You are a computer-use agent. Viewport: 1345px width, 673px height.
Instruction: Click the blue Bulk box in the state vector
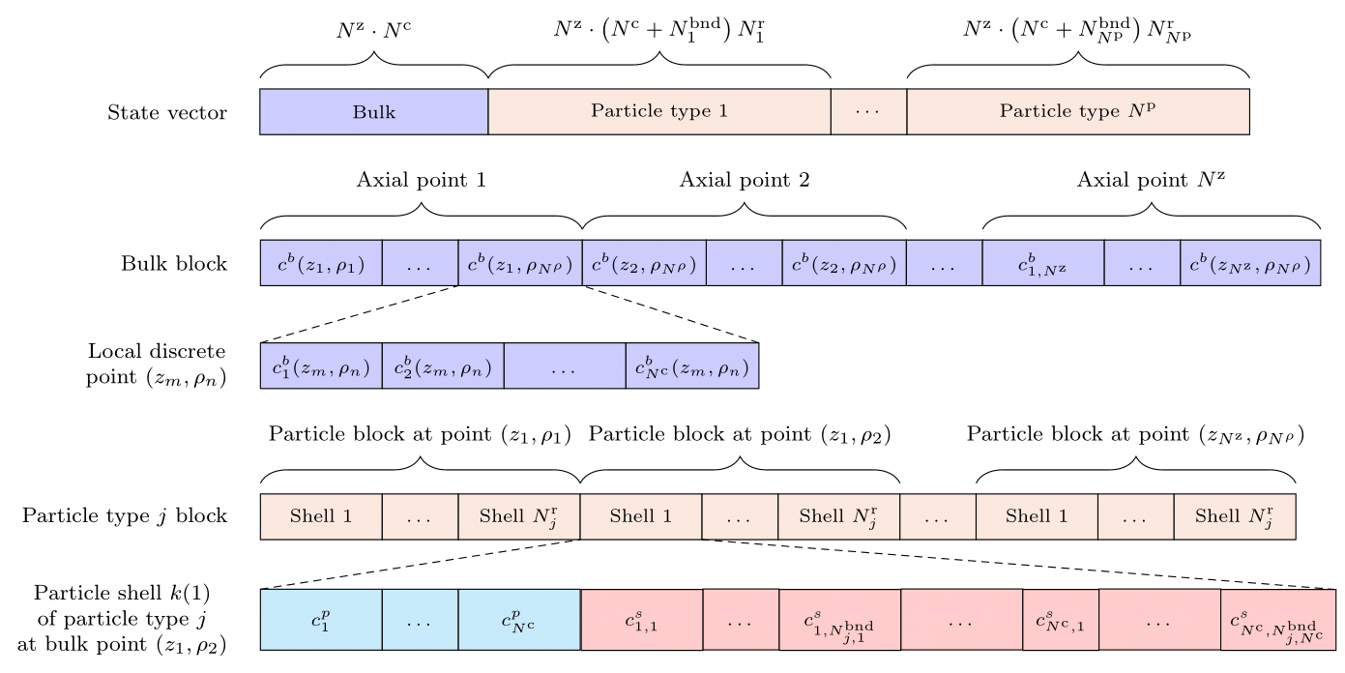coord(373,112)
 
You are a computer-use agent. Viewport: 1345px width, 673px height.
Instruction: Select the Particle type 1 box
coord(658,112)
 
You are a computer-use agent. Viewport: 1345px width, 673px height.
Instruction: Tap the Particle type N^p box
coord(1077,112)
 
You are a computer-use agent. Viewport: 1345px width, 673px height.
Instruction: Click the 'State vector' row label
coord(167,113)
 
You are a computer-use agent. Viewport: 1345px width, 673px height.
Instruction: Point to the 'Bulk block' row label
coord(174,263)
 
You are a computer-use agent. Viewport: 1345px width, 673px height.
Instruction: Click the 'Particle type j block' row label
coord(125,515)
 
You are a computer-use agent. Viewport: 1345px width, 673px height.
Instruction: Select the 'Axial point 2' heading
coord(744,180)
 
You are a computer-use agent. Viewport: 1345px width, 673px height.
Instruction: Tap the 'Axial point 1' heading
coord(421,180)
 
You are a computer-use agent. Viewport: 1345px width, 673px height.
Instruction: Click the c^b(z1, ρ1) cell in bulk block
coord(321,263)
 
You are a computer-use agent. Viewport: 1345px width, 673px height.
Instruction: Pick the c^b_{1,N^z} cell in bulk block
coord(1042,263)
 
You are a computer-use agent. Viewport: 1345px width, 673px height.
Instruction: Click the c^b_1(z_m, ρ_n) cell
coord(321,366)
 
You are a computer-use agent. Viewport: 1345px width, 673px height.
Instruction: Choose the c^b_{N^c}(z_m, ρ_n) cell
coord(691,366)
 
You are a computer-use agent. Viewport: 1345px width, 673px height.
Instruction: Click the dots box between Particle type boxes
coord(868,112)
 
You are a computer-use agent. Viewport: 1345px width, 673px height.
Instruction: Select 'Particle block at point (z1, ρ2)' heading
coord(739,435)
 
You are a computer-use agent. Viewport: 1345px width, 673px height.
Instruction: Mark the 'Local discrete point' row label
coord(157,364)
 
